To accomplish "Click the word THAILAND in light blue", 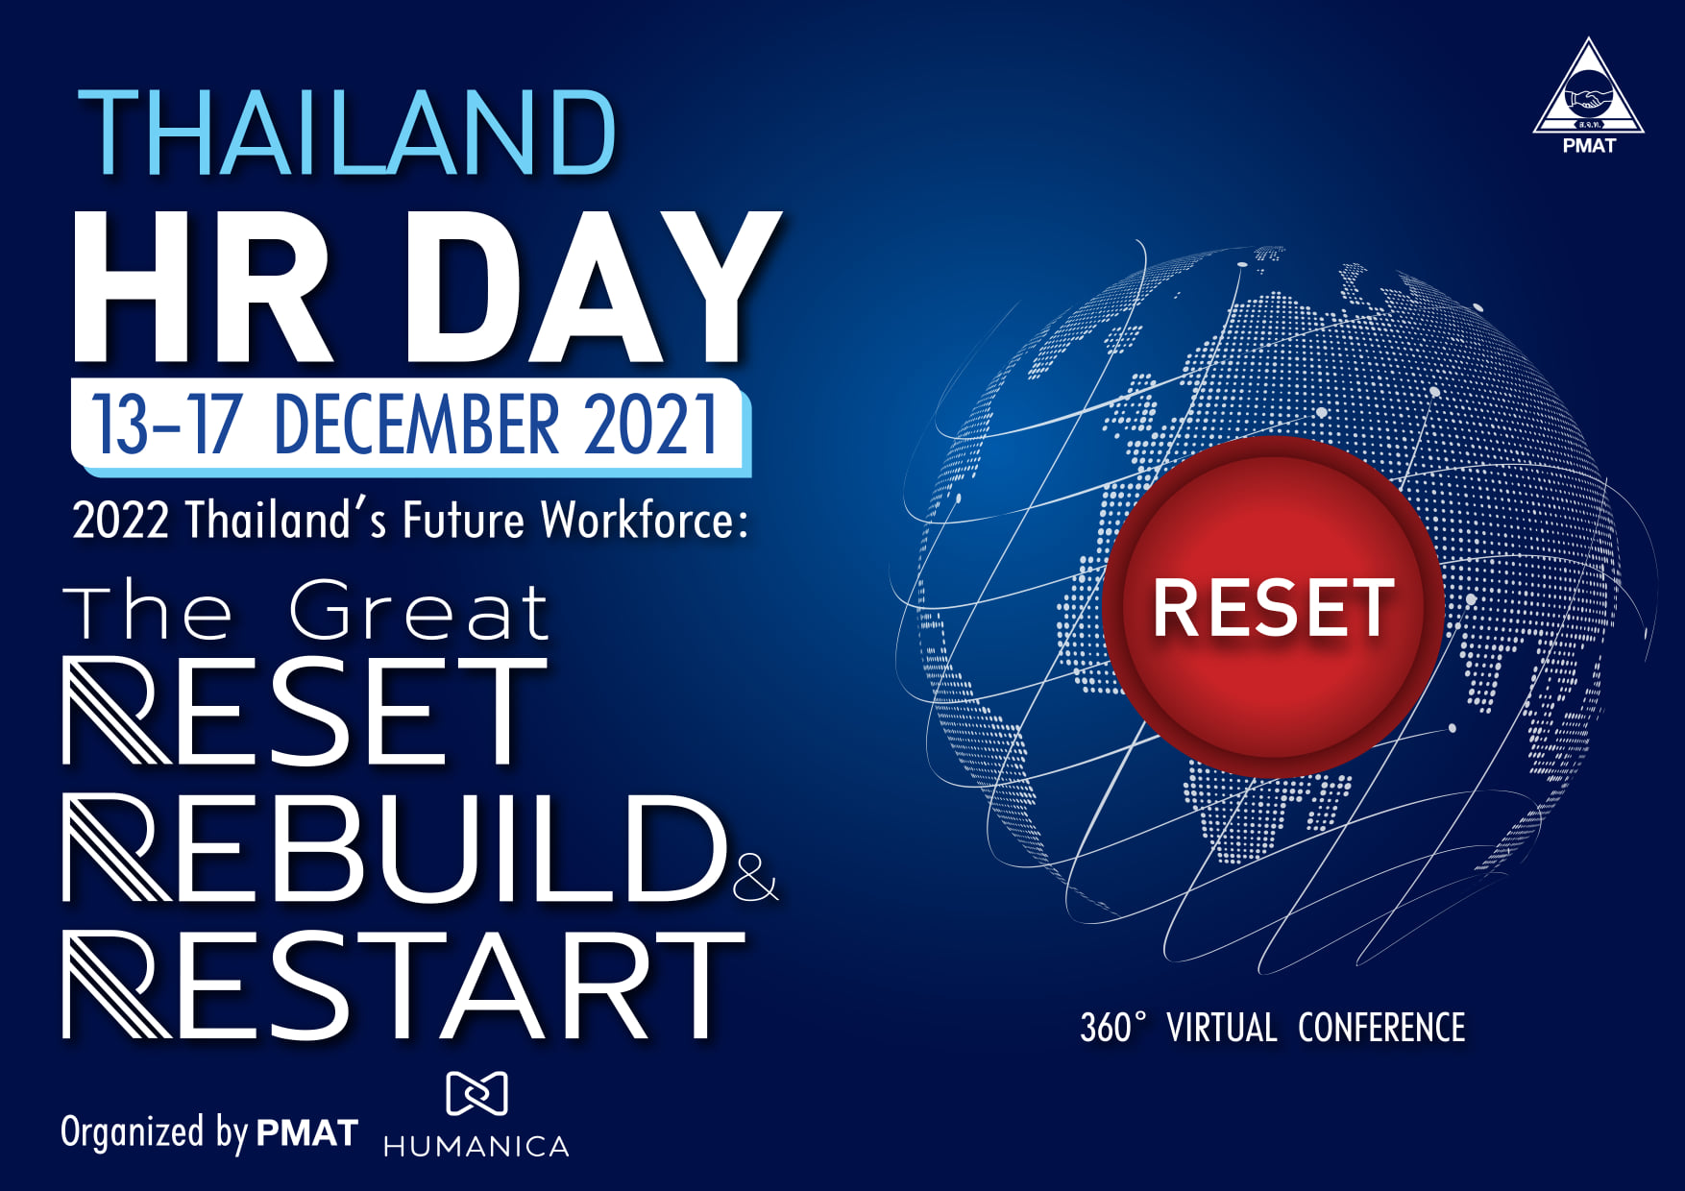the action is click(x=347, y=133).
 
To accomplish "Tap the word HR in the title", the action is click(x=204, y=287).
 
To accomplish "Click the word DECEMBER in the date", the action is click(x=417, y=424).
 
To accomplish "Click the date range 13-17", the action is click(x=165, y=424).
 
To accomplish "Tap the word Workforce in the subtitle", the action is click(x=645, y=520).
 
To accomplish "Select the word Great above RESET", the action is click(x=419, y=612).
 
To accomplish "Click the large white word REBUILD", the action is click(x=395, y=849).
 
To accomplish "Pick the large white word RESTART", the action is click(x=403, y=985).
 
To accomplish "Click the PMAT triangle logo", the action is click(x=1588, y=95).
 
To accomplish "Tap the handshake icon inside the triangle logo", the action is click(x=1588, y=98).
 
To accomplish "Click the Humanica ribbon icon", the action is click(x=476, y=1094).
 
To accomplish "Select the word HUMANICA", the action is click(x=476, y=1146).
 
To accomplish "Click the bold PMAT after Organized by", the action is click(x=307, y=1133).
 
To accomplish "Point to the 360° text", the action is click(x=1113, y=1028).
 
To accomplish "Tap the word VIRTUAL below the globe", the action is click(x=1222, y=1028).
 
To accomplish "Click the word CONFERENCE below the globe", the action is click(x=1381, y=1028).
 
